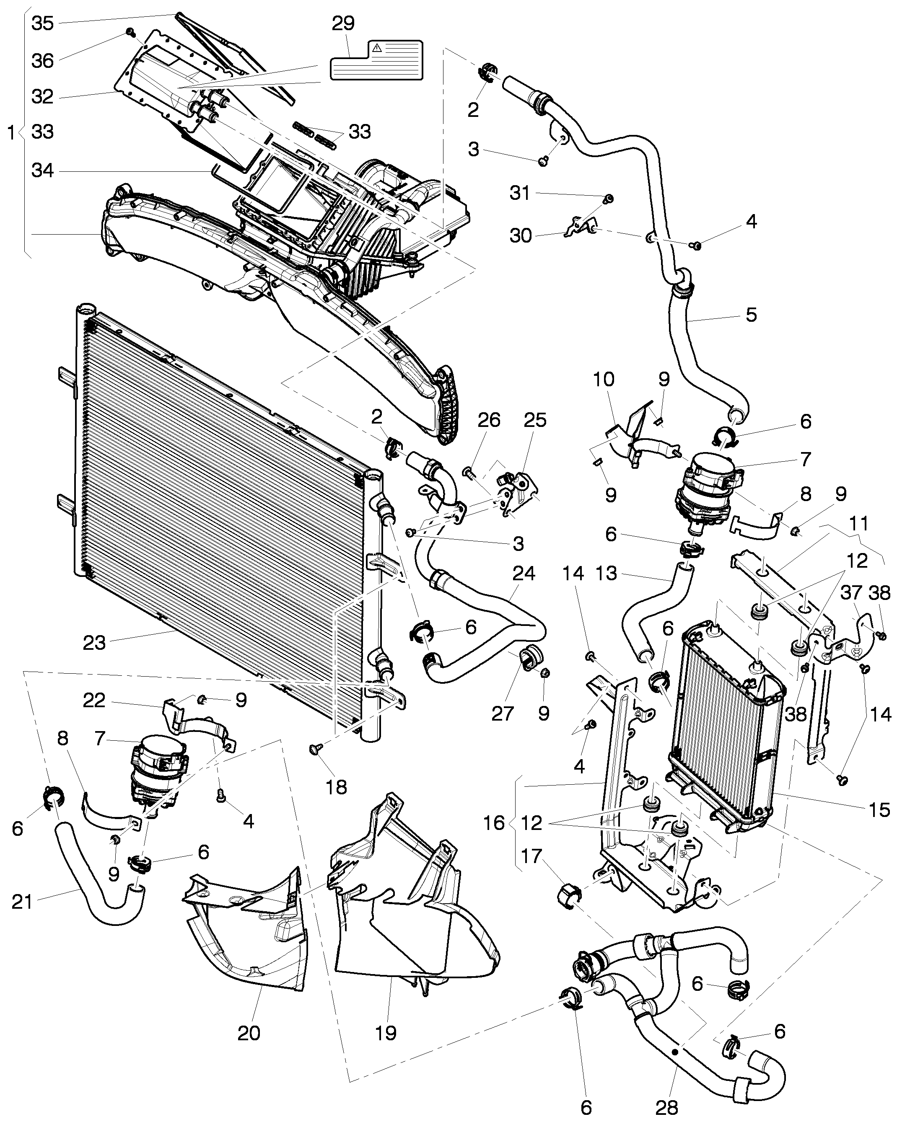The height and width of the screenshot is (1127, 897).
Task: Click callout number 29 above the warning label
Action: click(x=343, y=23)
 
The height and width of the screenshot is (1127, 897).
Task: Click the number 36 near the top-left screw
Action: click(x=42, y=61)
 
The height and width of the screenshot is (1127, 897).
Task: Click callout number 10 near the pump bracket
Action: click(x=604, y=379)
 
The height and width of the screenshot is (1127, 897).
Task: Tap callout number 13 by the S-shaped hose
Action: click(x=606, y=574)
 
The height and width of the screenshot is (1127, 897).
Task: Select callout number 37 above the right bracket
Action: click(x=851, y=593)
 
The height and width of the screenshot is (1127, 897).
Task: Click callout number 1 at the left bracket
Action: click(x=11, y=133)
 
